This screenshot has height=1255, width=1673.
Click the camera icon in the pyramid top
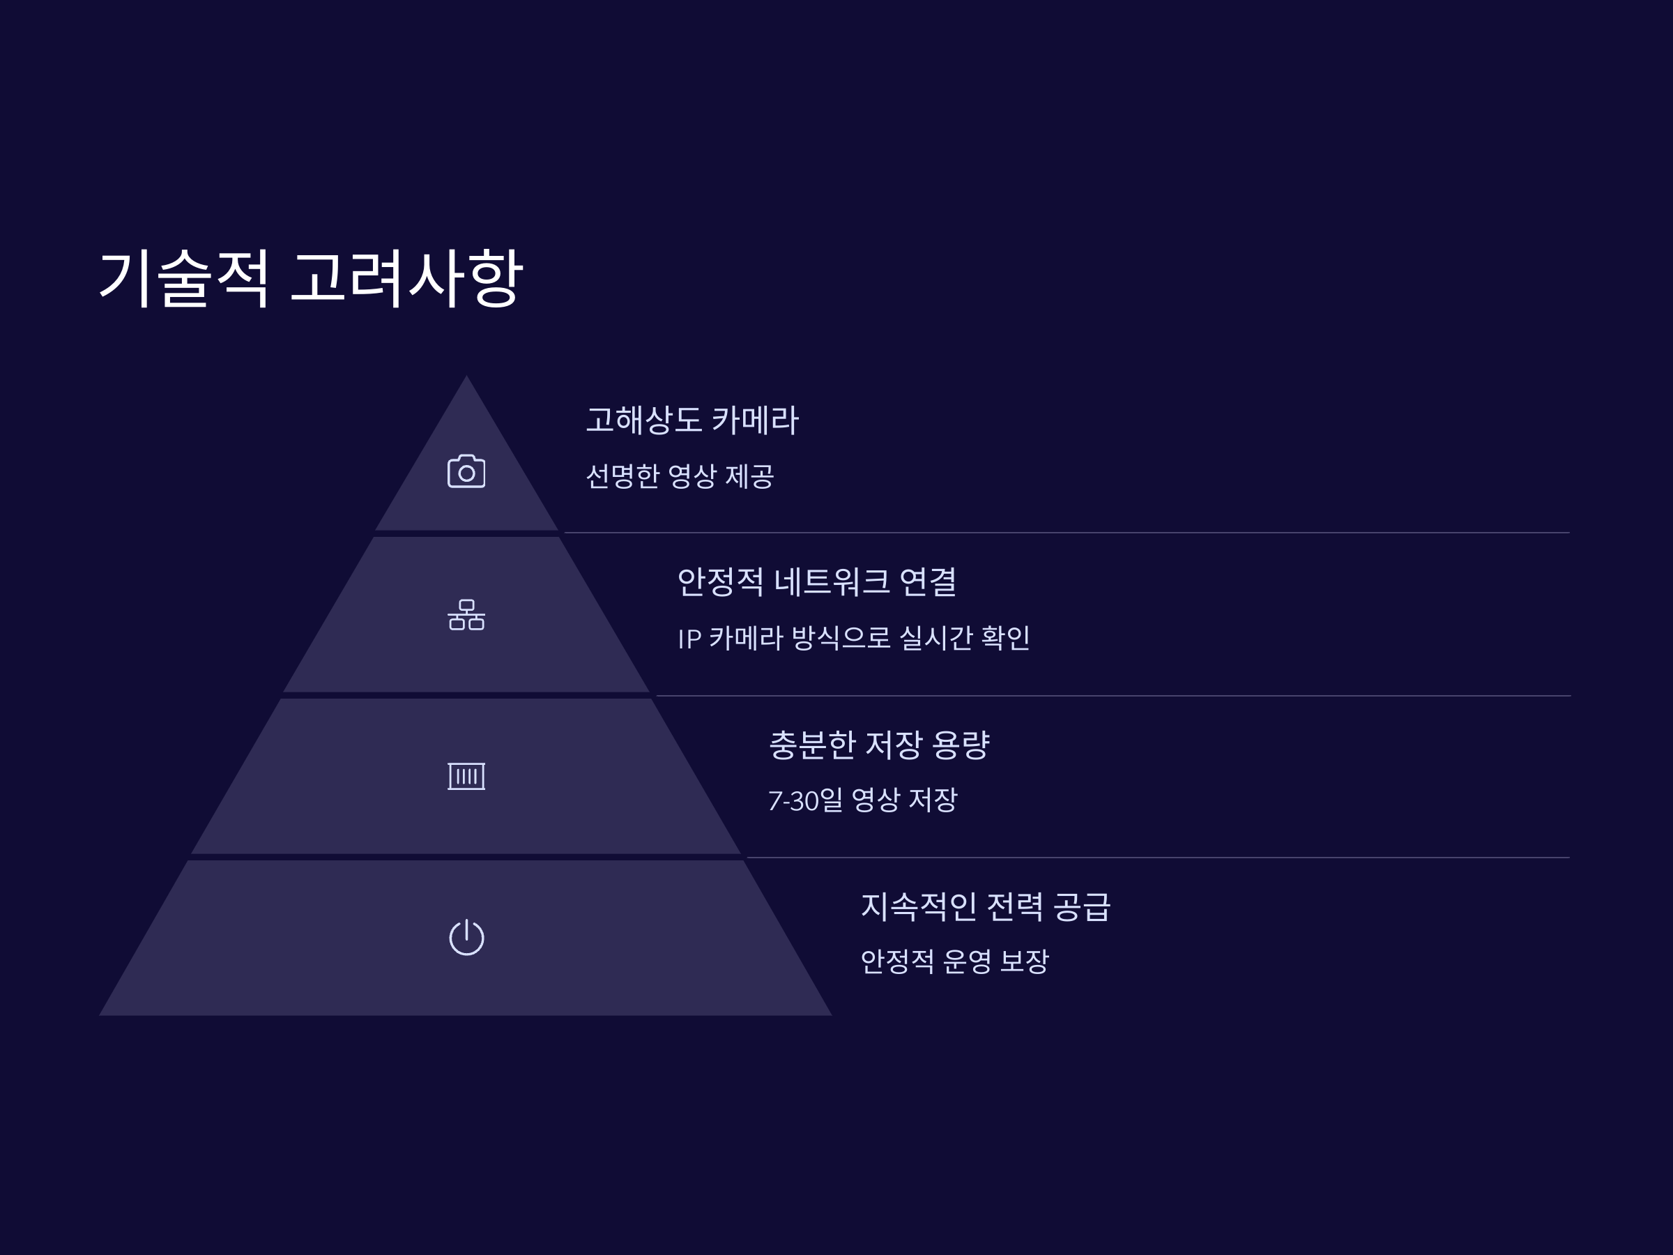pos(466,471)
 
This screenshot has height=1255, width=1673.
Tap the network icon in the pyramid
pos(466,614)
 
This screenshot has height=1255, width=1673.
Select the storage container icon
pos(466,776)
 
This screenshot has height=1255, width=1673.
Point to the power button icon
pos(466,937)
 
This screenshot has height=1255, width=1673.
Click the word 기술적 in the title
pos(184,278)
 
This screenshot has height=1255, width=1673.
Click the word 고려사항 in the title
pos(406,278)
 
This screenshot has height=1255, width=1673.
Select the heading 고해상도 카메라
pos(692,420)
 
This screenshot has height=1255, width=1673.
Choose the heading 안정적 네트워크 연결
pos(817,581)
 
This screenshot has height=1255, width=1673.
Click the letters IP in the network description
pos(689,639)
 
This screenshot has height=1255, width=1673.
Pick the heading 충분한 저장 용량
pos(879,745)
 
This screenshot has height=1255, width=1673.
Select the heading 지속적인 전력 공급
pos(985,906)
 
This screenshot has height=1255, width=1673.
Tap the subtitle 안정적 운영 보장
pos(954,961)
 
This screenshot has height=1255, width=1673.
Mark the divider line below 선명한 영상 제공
pos(1067,533)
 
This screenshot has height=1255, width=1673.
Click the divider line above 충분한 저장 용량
pos(1112,695)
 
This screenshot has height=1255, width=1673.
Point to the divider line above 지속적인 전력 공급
pos(1157,857)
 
